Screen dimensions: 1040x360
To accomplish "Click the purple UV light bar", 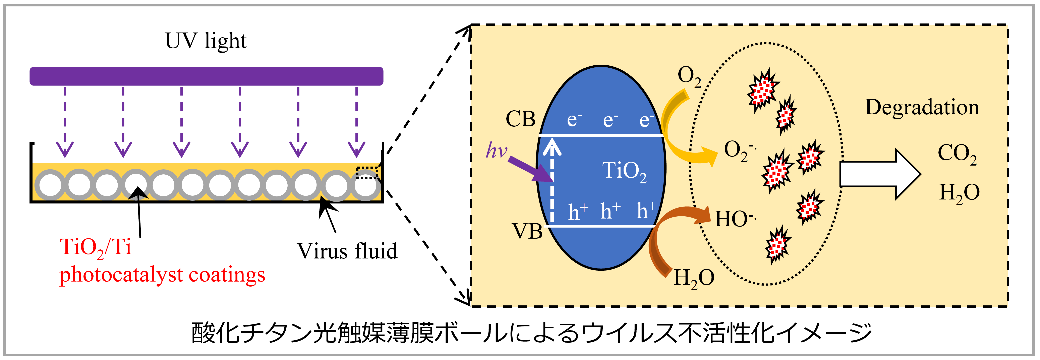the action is pos(206,76).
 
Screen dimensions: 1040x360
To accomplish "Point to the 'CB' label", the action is pos(521,119).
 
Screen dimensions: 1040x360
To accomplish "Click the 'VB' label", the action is pos(527,231).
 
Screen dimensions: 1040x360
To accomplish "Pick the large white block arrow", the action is pos(880,174).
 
